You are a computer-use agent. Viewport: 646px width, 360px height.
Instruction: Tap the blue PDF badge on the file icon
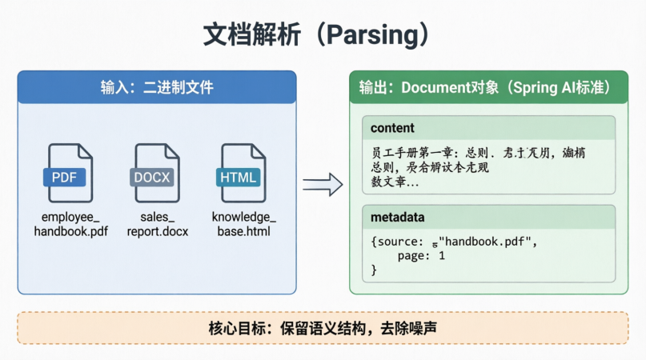click(64, 177)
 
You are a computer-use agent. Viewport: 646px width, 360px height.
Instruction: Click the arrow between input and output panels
click(322, 185)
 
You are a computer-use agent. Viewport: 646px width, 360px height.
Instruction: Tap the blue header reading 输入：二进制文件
click(157, 87)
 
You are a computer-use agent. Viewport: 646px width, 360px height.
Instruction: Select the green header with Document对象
click(488, 87)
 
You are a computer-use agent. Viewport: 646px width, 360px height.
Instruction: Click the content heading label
click(392, 128)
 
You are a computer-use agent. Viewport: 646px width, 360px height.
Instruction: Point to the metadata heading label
click(397, 218)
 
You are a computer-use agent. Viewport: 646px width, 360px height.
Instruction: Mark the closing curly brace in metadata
click(374, 270)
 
